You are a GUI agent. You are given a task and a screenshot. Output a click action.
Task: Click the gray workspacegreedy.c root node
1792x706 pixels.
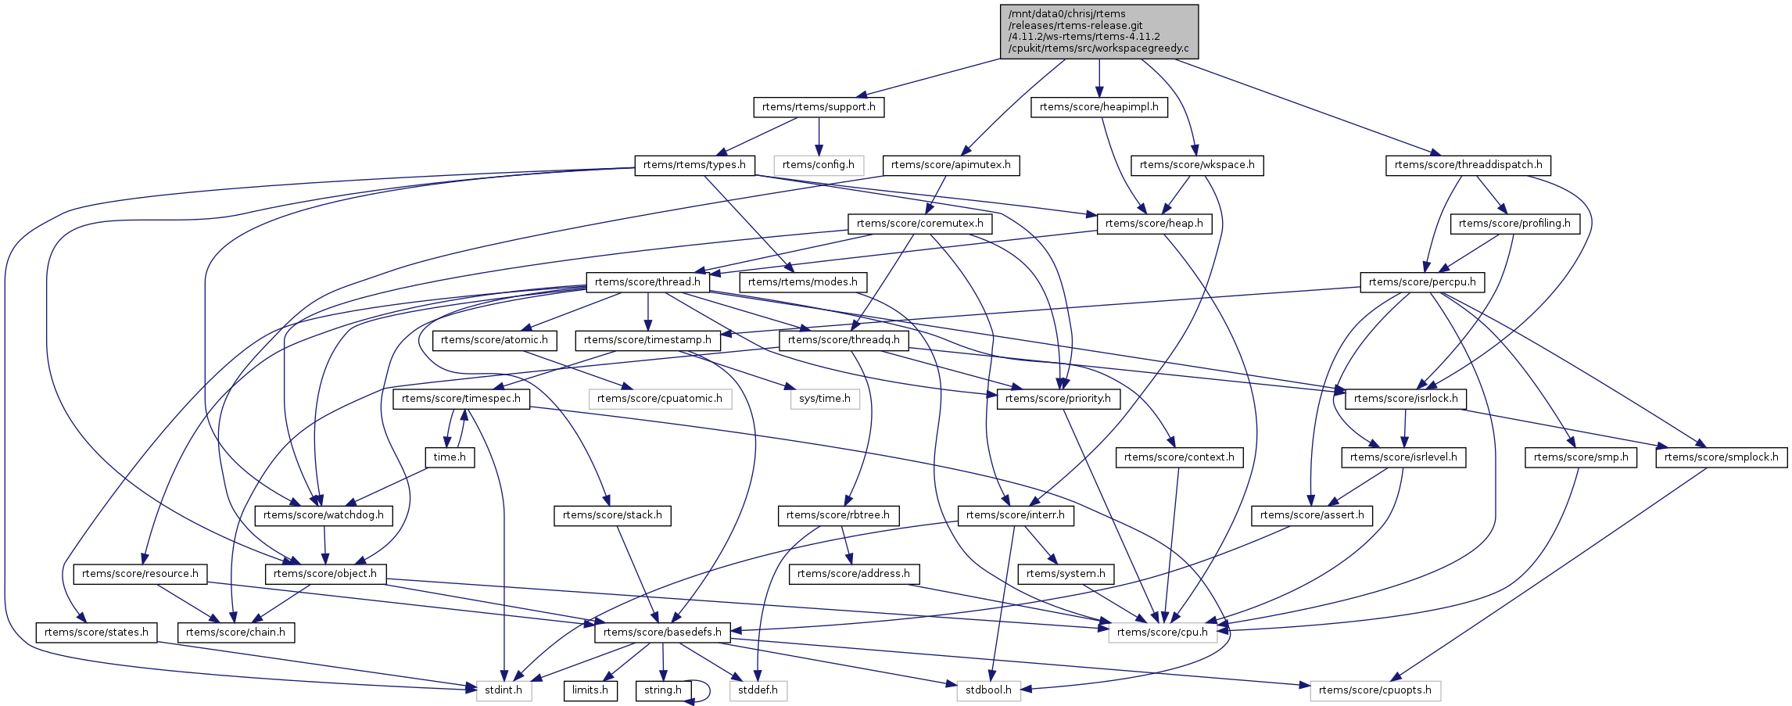coord(1099,31)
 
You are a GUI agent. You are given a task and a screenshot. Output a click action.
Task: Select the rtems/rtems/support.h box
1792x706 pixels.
coord(819,107)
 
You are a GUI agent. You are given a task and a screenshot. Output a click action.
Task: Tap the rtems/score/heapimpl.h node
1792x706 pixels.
coord(1099,107)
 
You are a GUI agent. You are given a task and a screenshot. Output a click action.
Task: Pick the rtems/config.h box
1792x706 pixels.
coord(819,165)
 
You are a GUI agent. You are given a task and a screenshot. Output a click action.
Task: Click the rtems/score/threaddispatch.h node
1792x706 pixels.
coord(1468,165)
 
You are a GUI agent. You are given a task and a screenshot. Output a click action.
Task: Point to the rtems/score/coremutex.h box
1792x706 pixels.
coord(920,224)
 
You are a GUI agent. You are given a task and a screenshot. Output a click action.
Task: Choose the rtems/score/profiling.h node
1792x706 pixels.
coord(1514,224)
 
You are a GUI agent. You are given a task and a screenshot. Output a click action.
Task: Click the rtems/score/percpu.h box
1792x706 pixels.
coord(1422,282)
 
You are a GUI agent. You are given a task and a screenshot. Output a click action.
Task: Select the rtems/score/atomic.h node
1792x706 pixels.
coord(495,340)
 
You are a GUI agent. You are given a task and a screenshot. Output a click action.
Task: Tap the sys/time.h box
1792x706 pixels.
coord(825,399)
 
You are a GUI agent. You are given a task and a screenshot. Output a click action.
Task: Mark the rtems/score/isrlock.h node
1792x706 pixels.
coord(1406,399)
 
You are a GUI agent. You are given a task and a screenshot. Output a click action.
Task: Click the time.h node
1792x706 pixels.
coord(450,457)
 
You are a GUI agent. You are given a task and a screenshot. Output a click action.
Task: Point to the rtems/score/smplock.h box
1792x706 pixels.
coord(1721,457)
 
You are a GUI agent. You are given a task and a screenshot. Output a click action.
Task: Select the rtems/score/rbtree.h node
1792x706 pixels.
coord(838,515)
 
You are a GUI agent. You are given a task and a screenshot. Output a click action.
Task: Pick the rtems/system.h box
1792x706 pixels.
coord(1066,574)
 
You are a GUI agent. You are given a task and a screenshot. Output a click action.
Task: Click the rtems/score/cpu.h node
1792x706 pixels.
coord(1163,633)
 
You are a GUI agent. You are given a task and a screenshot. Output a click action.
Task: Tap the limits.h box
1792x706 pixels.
coord(590,690)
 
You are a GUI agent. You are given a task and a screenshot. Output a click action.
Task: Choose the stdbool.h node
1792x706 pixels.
coord(988,690)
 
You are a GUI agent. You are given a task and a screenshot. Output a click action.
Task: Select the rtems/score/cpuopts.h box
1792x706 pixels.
coord(1374,690)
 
